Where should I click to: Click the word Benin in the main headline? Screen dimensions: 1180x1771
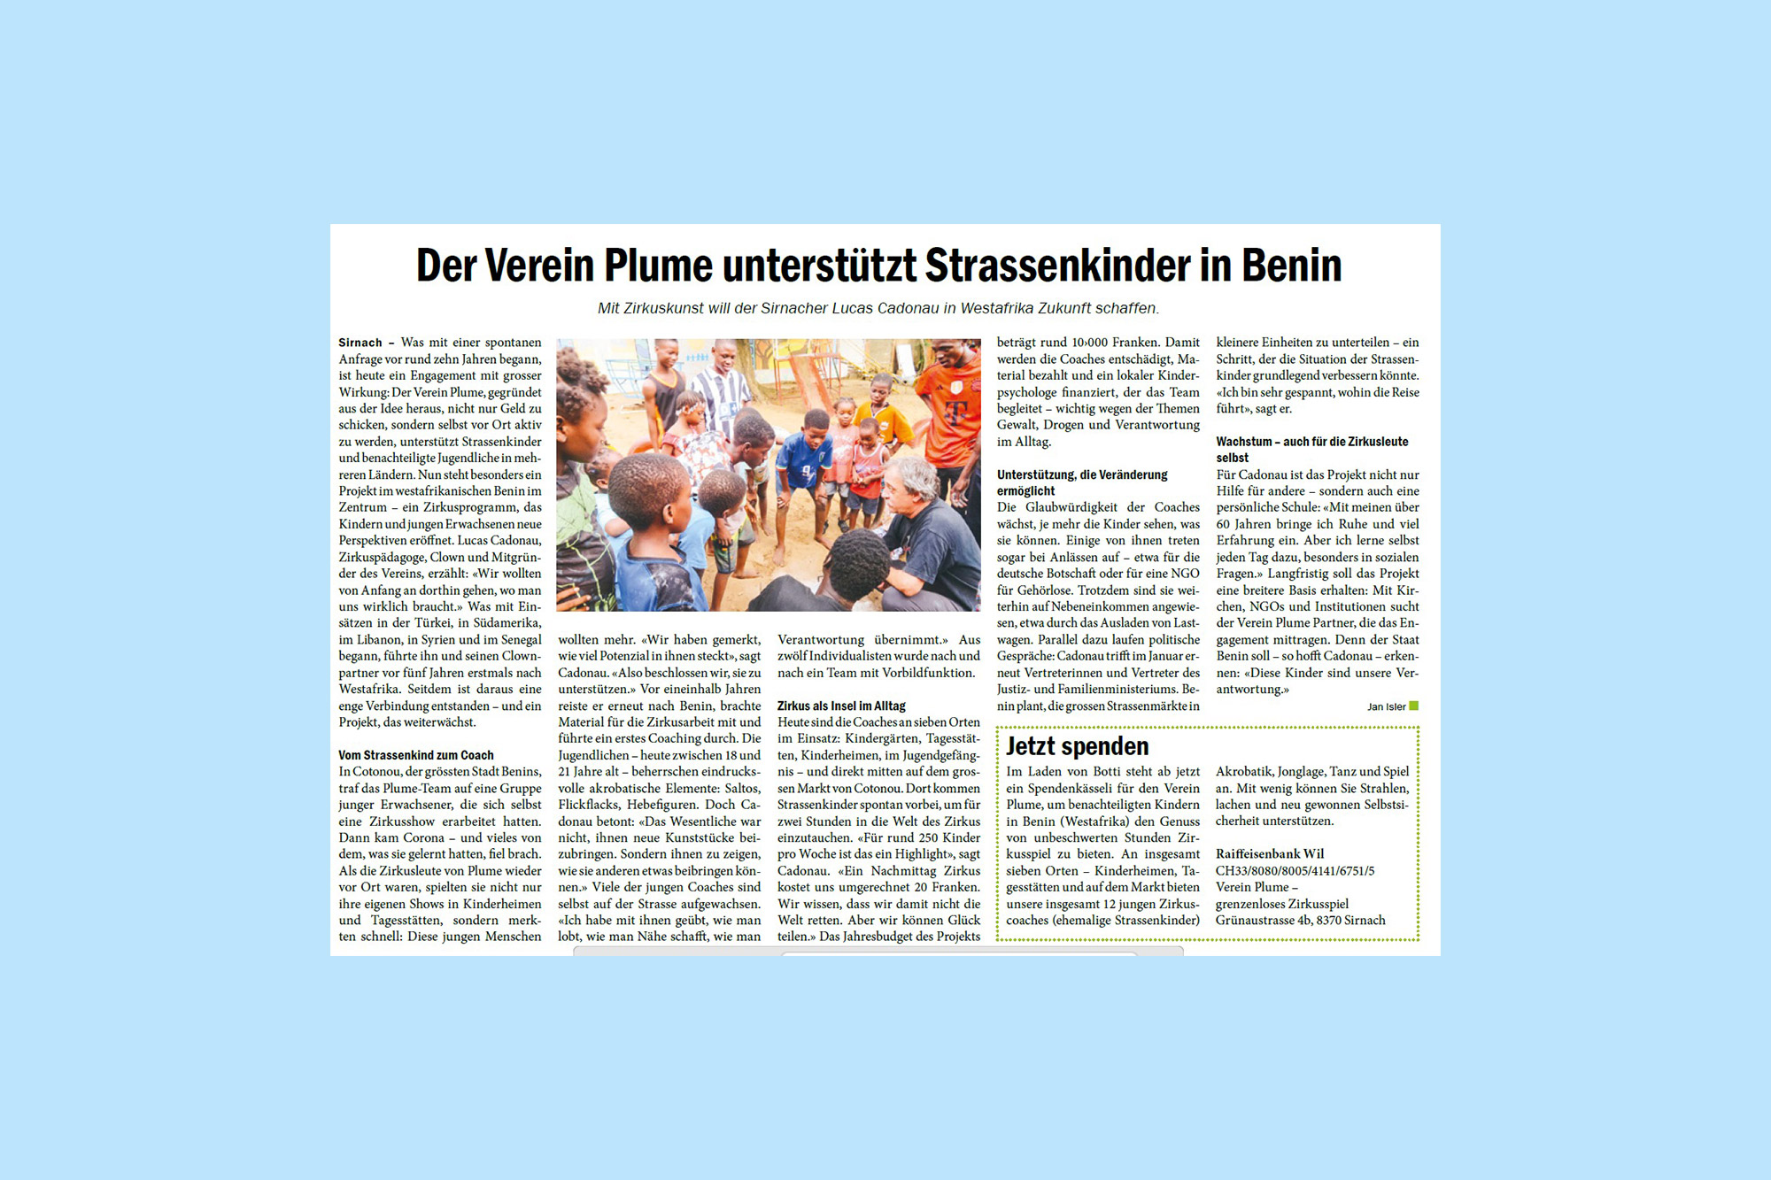[1291, 266]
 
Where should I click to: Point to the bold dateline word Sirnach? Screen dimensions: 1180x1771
[360, 343]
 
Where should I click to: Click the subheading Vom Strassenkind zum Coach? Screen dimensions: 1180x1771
[416, 755]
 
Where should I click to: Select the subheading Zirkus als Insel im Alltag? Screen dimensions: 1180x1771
[841, 706]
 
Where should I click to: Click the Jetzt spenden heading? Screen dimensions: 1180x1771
[1077, 746]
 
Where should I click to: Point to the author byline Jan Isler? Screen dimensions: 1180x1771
[1386, 706]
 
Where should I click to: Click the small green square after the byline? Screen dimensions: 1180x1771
[1414, 706]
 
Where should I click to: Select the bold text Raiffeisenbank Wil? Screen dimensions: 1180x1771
[1270, 853]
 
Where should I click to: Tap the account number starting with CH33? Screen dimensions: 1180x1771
[1295, 870]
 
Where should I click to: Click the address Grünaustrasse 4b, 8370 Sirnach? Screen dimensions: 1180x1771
[1300, 920]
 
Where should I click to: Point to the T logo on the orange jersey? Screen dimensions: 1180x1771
[956, 413]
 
